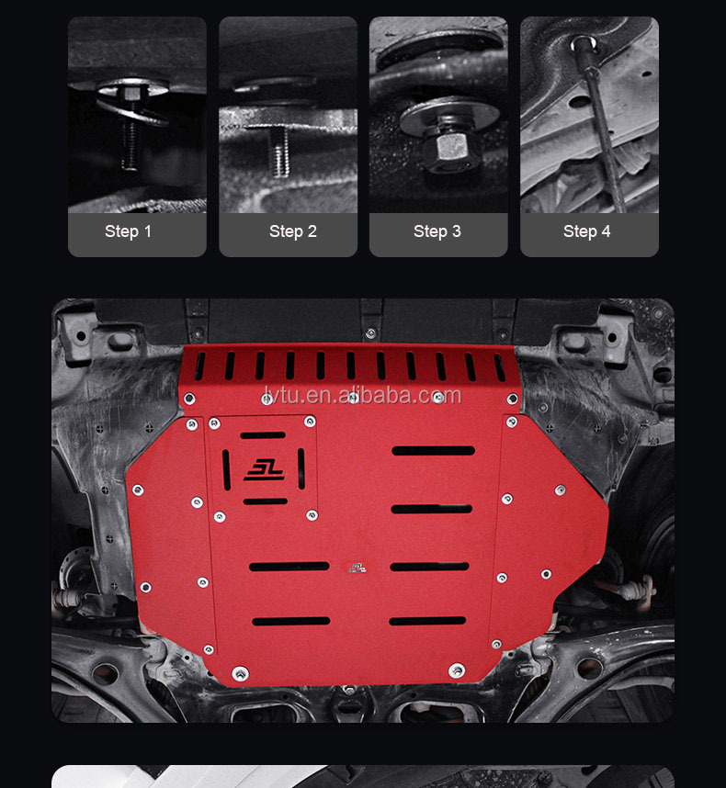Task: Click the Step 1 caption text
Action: pos(128,231)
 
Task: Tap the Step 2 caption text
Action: pos(292,231)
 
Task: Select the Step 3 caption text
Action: pos(437,231)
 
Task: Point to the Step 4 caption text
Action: pos(586,231)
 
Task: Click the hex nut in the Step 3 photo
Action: pos(451,146)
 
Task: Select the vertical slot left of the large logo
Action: pos(227,467)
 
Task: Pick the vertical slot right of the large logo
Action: pos(301,466)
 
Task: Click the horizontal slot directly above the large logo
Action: pos(263,435)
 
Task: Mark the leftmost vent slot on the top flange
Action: pos(201,365)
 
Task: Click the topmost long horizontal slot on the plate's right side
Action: pos(433,451)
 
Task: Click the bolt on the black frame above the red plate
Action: pos(369,333)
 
